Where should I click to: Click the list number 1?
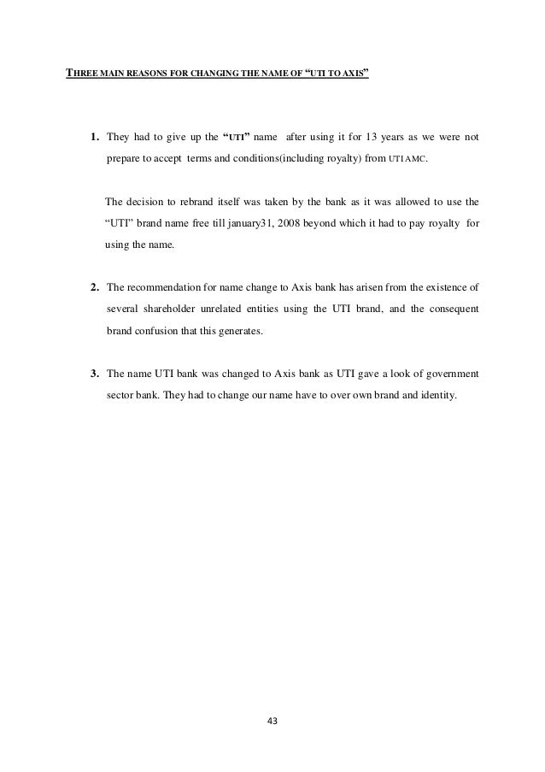click(94, 137)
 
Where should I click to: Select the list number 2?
click(94, 286)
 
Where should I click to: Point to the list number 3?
click(94, 374)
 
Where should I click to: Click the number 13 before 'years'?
click(364, 137)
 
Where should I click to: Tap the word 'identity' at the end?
click(438, 396)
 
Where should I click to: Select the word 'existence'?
click(441, 286)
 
